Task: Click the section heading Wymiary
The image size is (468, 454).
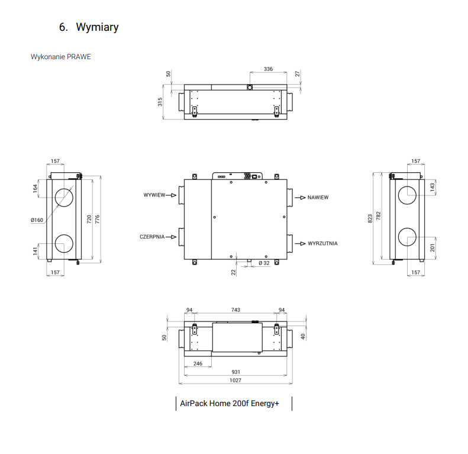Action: tap(97, 27)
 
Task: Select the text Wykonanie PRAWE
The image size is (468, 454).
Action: tap(60, 57)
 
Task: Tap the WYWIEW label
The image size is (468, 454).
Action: tap(154, 195)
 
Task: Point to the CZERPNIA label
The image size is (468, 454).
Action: tap(152, 237)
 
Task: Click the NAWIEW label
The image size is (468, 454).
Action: tap(318, 198)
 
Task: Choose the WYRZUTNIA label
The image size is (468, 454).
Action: tap(322, 243)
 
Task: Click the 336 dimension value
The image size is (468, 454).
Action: tap(268, 69)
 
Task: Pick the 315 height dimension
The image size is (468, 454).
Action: tap(160, 102)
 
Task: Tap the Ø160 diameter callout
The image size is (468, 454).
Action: tap(37, 220)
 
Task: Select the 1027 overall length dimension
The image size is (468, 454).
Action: tap(235, 380)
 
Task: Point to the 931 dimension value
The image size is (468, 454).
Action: tap(235, 372)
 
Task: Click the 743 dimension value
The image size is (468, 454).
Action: tap(235, 310)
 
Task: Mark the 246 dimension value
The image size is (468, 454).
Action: tap(198, 363)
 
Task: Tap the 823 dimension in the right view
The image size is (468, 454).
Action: tap(370, 218)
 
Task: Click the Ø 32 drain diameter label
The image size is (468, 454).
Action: tap(264, 263)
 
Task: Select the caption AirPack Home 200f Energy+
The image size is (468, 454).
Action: tap(229, 404)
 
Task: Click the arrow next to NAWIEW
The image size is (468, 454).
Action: tap(300, 198)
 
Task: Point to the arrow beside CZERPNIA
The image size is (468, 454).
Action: tap(171, 237)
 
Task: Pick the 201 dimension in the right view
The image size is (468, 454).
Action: tap(432, 247)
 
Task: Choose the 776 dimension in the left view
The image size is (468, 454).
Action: tap(97, 219)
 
